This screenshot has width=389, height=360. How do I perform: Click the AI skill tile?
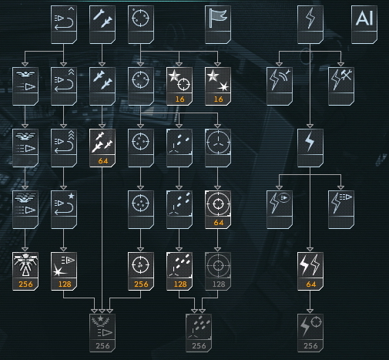pyautogui.click(x=364, y=25)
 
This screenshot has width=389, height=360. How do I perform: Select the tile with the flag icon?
pyautogui.click(x=218, y=25)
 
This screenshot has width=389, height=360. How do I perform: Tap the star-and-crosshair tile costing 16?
pyautogui.click(x=179, y=86)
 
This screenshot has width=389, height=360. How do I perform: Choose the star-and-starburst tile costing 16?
pyautogui.click(x=218, y=86)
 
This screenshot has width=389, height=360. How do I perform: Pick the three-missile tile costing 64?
pyautogui.click(x=102, y=148)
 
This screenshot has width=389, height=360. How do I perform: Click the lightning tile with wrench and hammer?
pyautogui.click(x=341, y=86)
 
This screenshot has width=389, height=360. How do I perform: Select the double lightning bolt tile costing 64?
pyautogui.click(x=310, y=271)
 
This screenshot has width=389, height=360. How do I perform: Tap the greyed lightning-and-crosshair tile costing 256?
pyautogui.click(x=310, y=333)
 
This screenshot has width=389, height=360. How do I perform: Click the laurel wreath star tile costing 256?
pyautogui.click(x=102, y=333)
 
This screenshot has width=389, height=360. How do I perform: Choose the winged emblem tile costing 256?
pyautogui.click(x=25, y=271)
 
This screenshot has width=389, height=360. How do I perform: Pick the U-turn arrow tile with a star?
pyautogui.click(x=64, y=210)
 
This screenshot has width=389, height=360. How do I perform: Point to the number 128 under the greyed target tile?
pyautogui.click(x=219, y=284)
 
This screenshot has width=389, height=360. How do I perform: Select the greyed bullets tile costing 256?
pyautogui.click(x=199, y=333)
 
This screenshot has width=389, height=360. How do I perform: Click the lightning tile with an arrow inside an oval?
pyautogui.click(x=280, y=210)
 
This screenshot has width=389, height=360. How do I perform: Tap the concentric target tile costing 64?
pyautogui.click(x=218, y=210)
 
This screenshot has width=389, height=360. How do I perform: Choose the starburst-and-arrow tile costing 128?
pyautogui.click(x=64, y=271)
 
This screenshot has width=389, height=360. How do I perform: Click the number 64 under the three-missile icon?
pyautogui.click(x=103, y=161)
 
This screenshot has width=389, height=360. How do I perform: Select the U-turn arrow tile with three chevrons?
pyautogui.click(x=64, y=148)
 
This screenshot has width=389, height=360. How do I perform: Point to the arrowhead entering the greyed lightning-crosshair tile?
pyautogui.click(x=310, y=311)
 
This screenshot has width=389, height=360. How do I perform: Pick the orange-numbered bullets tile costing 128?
pyautogui.click(x=179, y=271)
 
